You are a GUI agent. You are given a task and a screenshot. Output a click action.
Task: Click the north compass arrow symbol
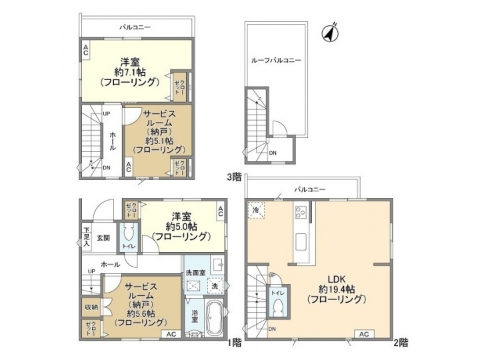coord(330,31)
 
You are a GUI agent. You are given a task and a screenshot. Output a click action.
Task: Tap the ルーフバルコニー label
coord(276,60)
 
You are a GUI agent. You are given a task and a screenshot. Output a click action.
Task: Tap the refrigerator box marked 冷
coord(257,210)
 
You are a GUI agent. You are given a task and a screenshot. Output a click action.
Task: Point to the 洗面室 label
coord(195,273)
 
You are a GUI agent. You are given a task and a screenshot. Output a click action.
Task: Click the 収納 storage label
coord(91,307)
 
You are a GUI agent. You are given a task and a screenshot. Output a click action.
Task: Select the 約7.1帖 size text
coord(129,71)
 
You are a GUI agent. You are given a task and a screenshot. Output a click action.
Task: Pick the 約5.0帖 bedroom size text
coord(181,226)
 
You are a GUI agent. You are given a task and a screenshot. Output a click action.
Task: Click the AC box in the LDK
coord(364,333)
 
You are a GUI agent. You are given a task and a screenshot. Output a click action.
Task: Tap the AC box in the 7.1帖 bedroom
coord(86,49)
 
